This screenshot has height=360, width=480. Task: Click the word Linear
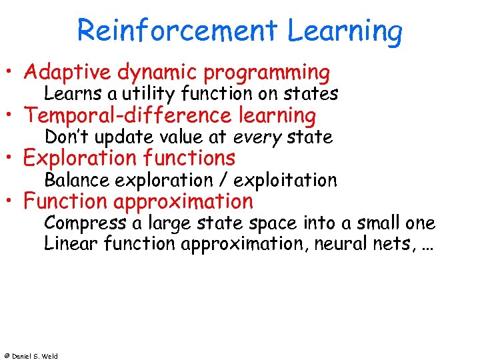(x=71, y=243)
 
